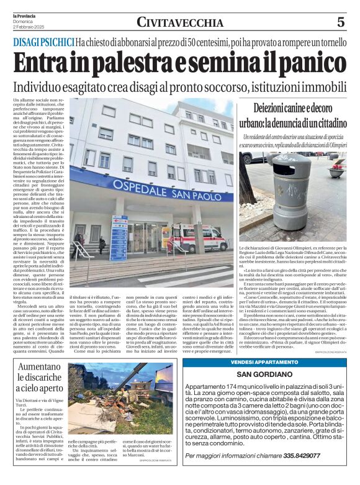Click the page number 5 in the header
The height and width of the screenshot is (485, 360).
pos(340,22)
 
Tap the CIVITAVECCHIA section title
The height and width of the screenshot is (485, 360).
pos(180,23)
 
